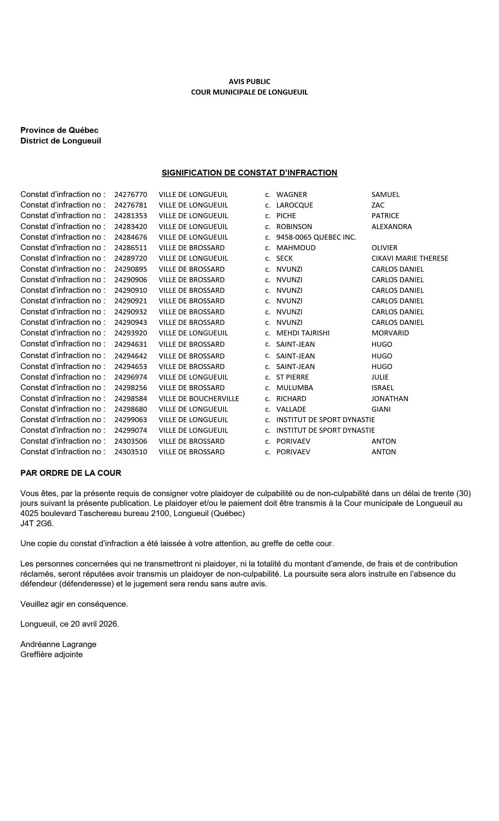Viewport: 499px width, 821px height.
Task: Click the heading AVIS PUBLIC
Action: [249, 81]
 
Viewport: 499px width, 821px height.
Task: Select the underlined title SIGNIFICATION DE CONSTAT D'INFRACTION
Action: [249, 173]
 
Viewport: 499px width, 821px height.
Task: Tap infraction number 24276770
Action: [131, 195]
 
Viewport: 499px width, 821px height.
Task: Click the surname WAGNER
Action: [292, 195]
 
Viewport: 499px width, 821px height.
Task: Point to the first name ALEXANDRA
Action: [391, 227]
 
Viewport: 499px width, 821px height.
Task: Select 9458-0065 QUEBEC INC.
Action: [316, 237]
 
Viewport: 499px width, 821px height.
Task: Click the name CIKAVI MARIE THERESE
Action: [410, 258]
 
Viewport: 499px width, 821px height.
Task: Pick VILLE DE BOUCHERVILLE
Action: [199, 399]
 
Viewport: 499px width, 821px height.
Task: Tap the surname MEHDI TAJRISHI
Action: [303, 333]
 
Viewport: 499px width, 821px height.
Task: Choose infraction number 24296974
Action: [131, 377]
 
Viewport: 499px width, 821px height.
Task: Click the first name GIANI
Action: [381, 409]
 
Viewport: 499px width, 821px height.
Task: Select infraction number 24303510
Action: [131, 452]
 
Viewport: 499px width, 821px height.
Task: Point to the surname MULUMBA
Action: [294, 388]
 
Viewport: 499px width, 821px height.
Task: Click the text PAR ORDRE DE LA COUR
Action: [71, 473]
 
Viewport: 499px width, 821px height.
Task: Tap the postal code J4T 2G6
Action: [37, 523]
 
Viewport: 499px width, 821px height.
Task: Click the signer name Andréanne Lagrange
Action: [58, 644]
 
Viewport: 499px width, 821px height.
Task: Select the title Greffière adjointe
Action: [52, 654]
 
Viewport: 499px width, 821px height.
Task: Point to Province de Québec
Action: [59, 130]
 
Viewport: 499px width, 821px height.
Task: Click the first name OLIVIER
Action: [384, 248]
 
